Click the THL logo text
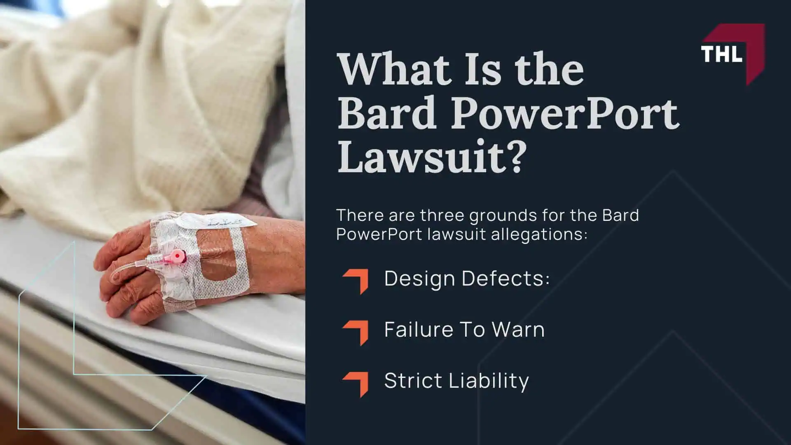pyautogui.click(x=721, y=54)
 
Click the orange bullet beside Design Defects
pyautogui.click(x=356, y=281)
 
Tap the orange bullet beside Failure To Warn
pyautogui.click(x=356, y=332)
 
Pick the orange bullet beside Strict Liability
pyautogui.click(x=356, y=383)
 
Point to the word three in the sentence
pyautogui.click(x=442, y=215)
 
